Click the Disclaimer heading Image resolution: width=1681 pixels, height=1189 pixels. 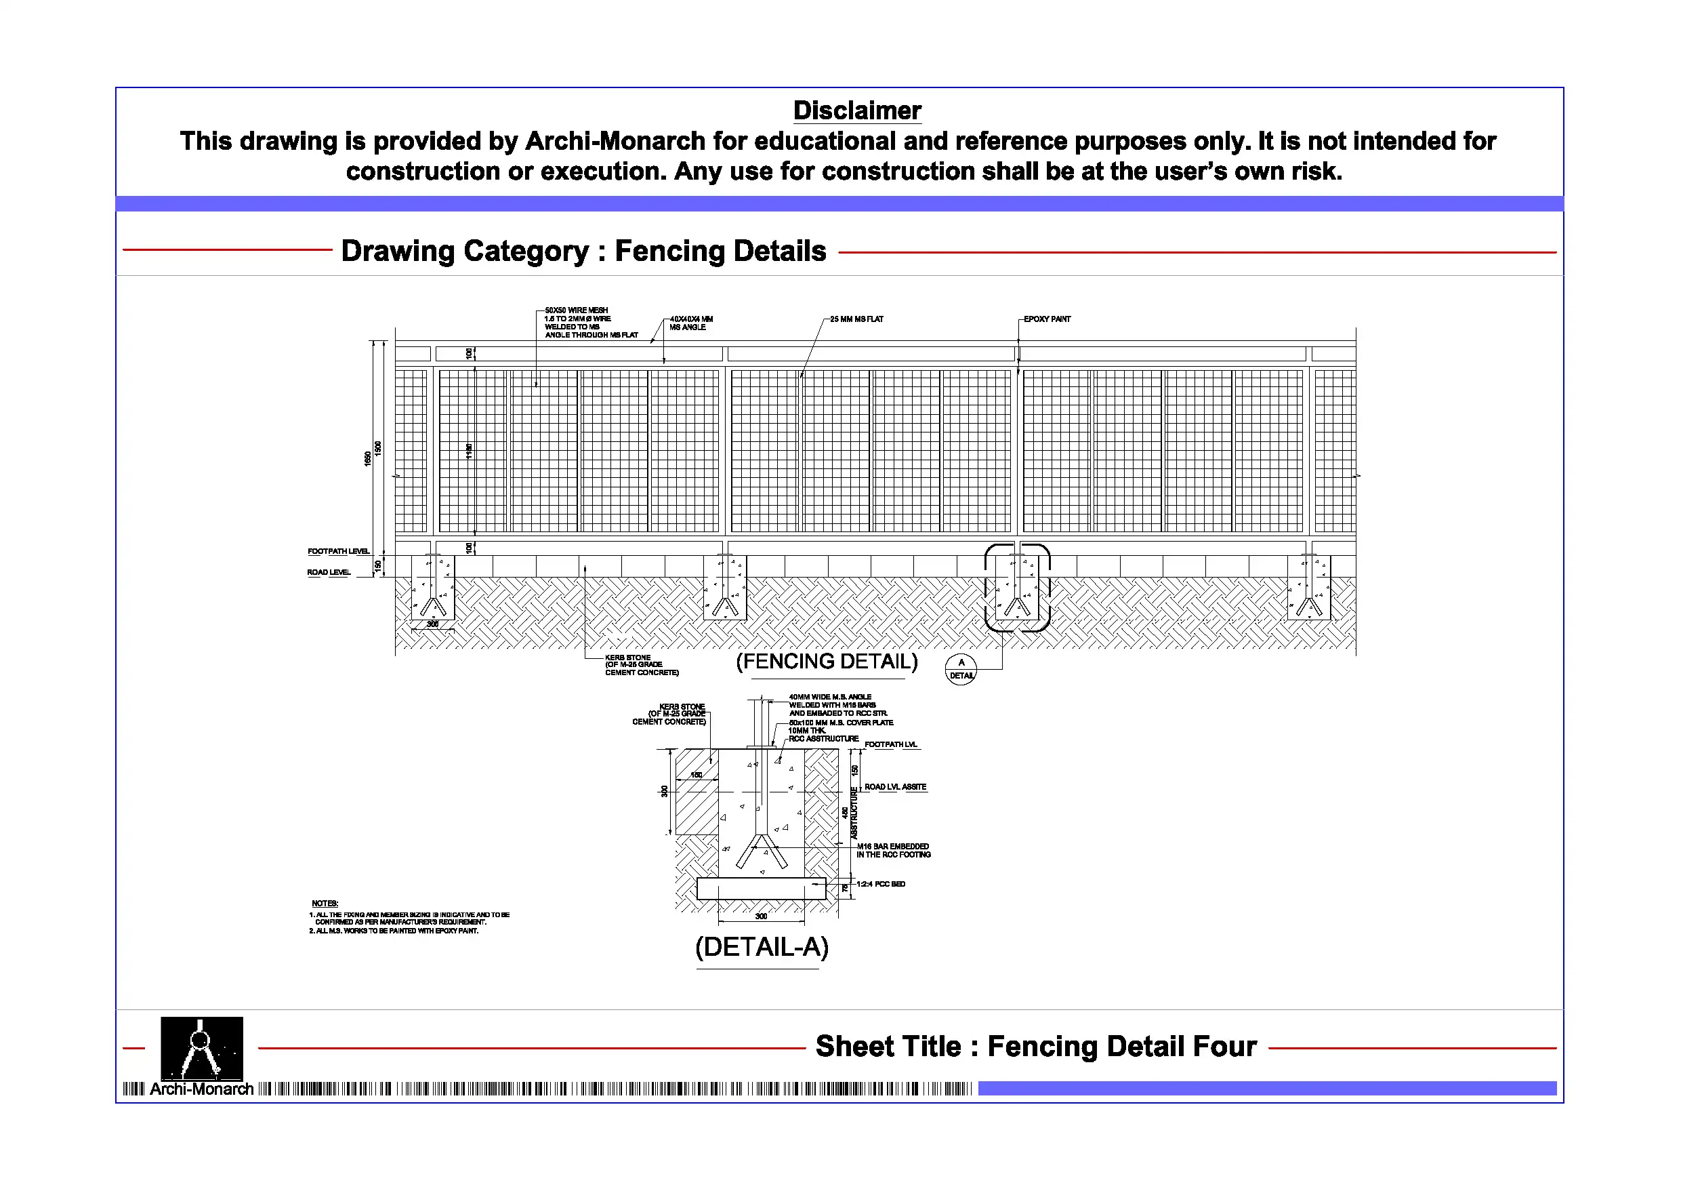pos(856,110)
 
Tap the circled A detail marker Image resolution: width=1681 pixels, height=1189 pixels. pos(961,669)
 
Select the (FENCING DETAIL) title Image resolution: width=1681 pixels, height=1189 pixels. pos(827,662)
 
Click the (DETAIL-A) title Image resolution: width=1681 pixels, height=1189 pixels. pos(762,946)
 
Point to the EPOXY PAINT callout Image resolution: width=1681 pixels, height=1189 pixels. pos(1046,319)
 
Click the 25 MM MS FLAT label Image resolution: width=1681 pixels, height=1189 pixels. pos(856,319)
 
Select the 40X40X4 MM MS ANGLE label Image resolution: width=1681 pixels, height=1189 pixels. pos(690,323)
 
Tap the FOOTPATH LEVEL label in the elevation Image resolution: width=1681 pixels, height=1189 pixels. pos(338,551)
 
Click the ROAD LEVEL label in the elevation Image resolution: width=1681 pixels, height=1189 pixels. pos(329,572)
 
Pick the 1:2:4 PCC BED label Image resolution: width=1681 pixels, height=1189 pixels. pos(881,884)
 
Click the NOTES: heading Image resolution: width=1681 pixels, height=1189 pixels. pos(325,904)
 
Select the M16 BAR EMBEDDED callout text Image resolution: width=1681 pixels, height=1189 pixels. pos(893,851)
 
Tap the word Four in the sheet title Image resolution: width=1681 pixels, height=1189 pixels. pos(1225,1046)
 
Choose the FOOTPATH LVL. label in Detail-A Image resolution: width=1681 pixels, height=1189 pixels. pos(890,744)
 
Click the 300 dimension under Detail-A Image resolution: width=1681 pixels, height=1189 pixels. pos(762,916)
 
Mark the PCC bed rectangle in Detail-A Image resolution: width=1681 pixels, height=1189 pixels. pos(762,889)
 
